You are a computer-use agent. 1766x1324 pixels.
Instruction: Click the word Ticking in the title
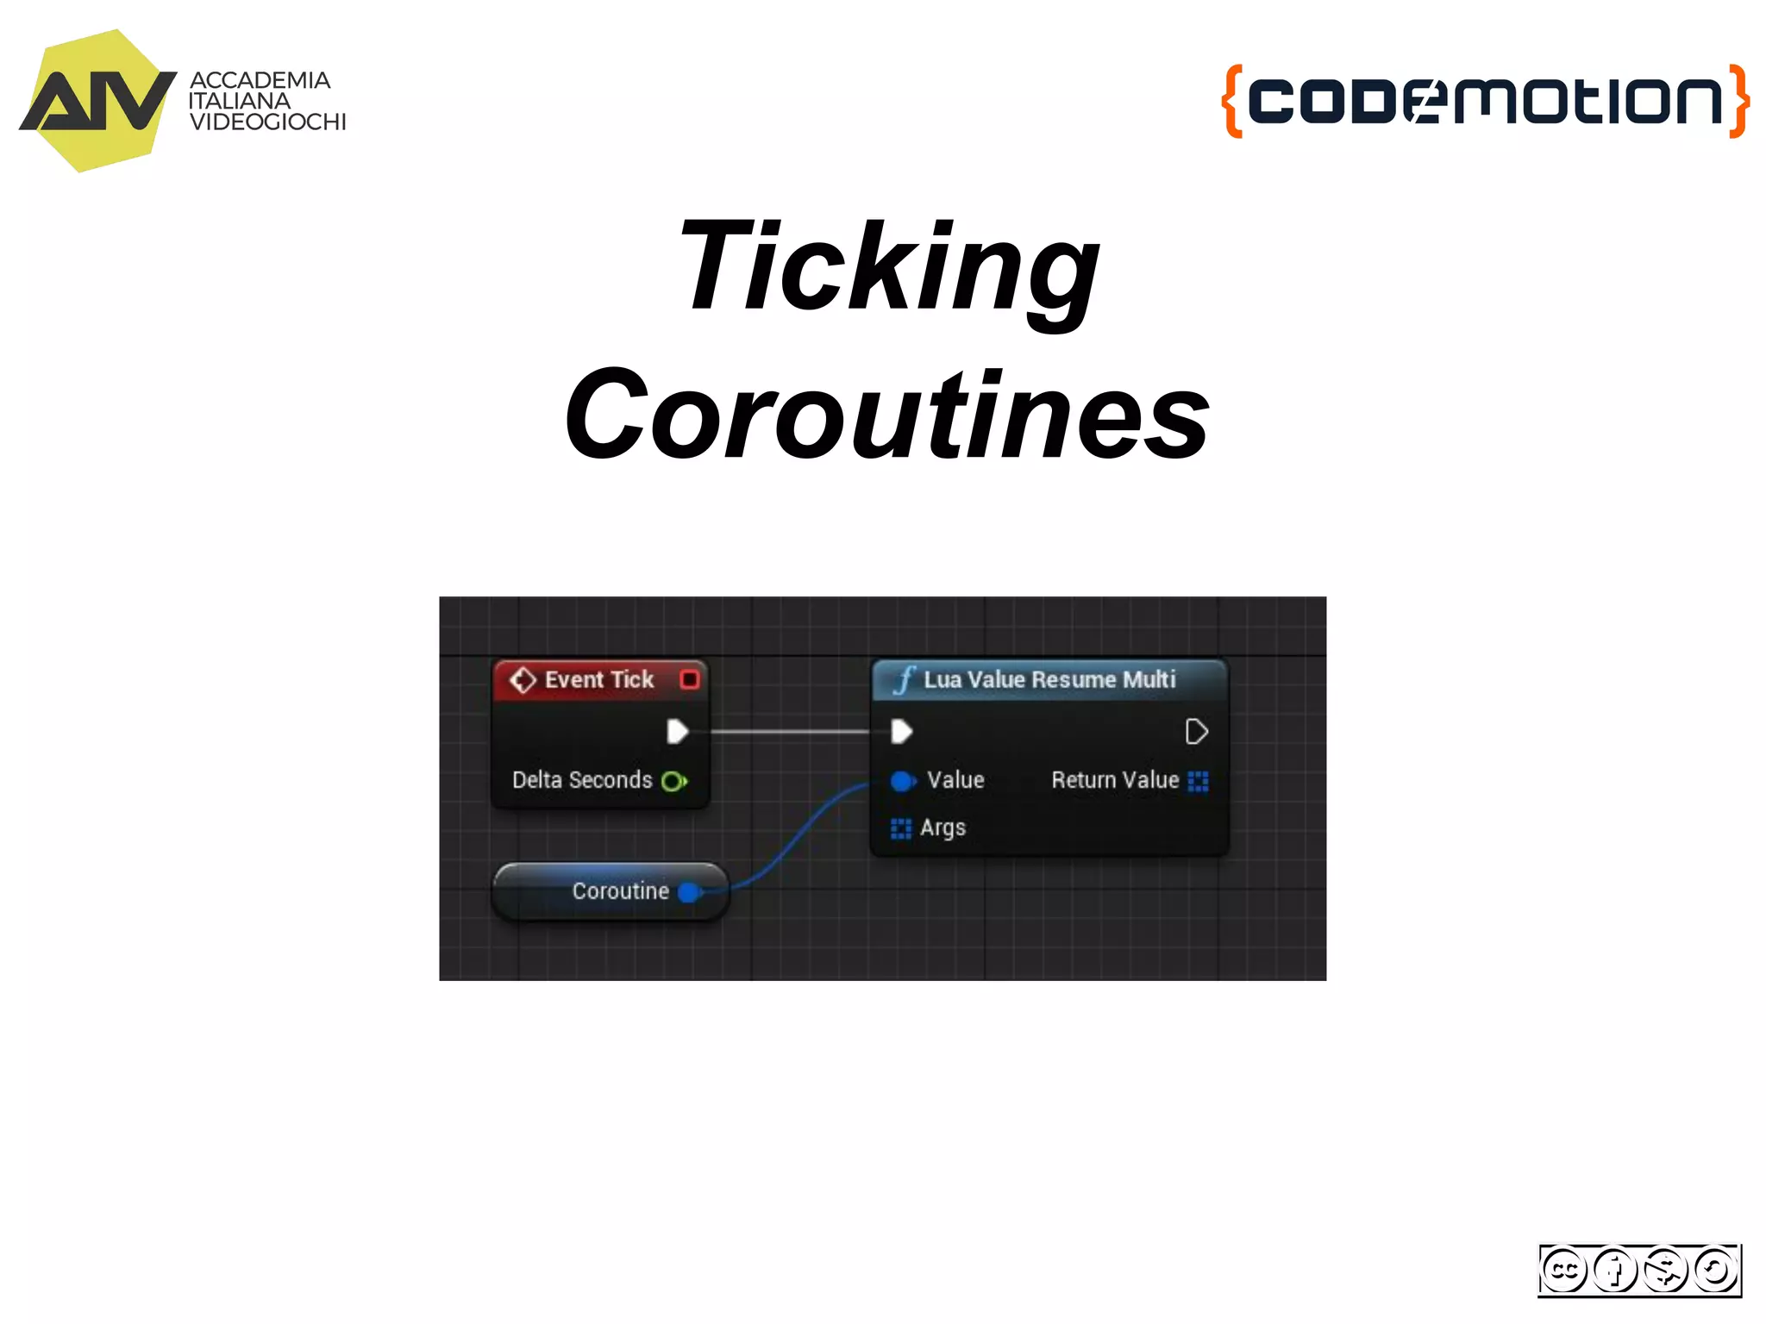888,267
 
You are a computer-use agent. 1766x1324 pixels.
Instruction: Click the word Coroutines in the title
888,415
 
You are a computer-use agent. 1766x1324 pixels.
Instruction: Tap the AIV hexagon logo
97,101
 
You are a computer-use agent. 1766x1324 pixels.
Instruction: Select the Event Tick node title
598,680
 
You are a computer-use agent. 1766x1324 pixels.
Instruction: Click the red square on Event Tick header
689,680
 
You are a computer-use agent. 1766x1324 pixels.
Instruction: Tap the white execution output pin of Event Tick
677,732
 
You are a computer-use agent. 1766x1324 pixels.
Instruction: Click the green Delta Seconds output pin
673,781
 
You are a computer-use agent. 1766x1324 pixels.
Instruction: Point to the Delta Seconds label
582,780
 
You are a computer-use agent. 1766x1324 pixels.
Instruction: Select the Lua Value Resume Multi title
1049,680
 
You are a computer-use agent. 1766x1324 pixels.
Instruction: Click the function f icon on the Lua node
903,680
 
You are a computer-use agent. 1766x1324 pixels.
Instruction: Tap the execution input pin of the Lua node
901,732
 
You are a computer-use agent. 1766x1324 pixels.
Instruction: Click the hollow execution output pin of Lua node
1196,732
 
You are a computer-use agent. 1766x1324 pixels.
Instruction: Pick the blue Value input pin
902,781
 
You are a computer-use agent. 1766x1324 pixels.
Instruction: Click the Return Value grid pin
1198,781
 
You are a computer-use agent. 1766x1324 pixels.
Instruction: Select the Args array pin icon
900,828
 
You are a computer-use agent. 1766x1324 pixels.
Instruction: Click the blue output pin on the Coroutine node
689,892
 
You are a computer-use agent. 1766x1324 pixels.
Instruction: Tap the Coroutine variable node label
620,891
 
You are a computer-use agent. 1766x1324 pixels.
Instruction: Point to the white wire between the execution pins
789,732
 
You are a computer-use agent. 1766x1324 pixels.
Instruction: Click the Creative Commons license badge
1638,1270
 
